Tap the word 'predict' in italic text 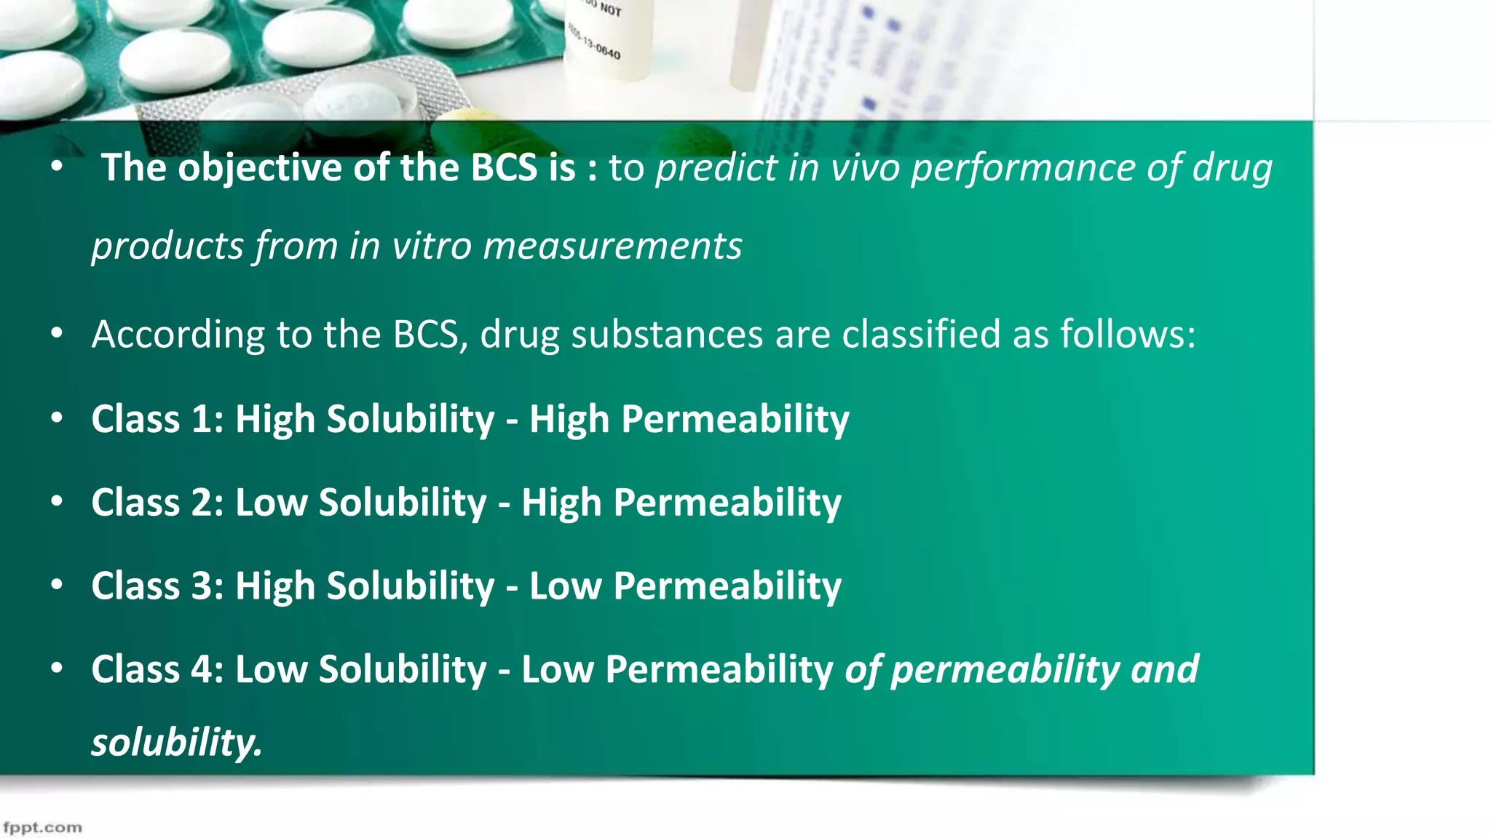pos(716,169)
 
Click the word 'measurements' pos(612,246)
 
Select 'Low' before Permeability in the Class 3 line pos(565,586)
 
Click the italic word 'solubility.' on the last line pos(176,743)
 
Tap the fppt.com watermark pos(42,828)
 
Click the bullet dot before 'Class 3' pos(57,585)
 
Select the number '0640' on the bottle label pos(608,52)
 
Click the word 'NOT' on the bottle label pos(611,10)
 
